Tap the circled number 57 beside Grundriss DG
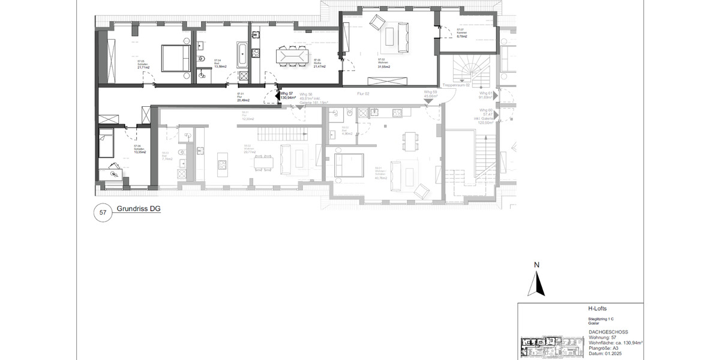103,212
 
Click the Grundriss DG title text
139,209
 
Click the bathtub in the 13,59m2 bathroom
242,55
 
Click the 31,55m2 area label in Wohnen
384,67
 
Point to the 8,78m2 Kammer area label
461,37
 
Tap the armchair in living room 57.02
377,23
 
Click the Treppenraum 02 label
456,86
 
